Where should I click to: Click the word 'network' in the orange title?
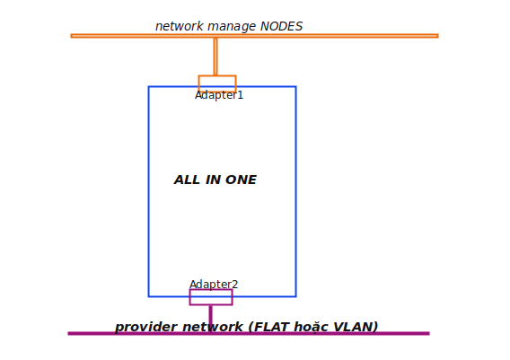180,26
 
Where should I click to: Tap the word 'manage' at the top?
232,27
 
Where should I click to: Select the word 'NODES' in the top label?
281,26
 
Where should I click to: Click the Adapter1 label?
219,95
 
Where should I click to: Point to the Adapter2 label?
214,285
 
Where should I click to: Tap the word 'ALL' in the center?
187,180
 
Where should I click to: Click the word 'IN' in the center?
213,180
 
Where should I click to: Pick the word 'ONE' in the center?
241,180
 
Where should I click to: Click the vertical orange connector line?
215,57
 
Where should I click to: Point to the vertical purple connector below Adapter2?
211,319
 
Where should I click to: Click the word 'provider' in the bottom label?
146,327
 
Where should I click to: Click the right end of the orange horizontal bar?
438,36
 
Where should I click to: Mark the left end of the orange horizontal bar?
71,36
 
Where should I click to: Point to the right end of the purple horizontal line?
429,333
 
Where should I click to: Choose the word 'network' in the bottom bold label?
213,327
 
